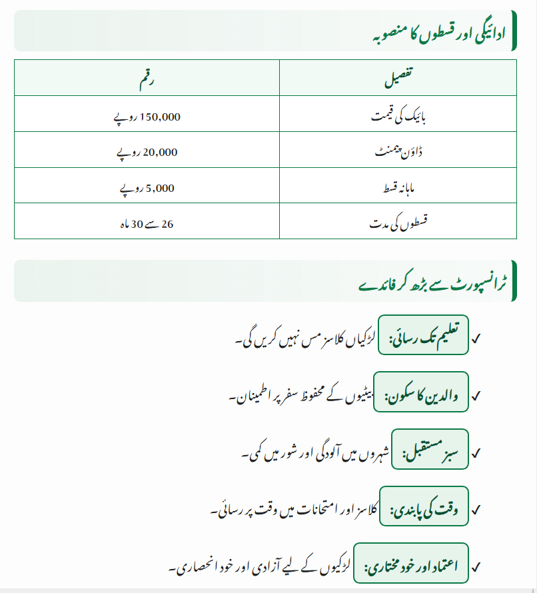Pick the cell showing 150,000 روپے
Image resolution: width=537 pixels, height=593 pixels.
[147, 116]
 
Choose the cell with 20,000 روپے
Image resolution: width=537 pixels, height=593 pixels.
[147, 152]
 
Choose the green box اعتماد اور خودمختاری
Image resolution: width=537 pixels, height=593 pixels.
[411, 567]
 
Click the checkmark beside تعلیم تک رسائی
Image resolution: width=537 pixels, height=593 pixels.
[476, 338]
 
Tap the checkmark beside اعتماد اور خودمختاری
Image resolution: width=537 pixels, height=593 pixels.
[476, 568]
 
